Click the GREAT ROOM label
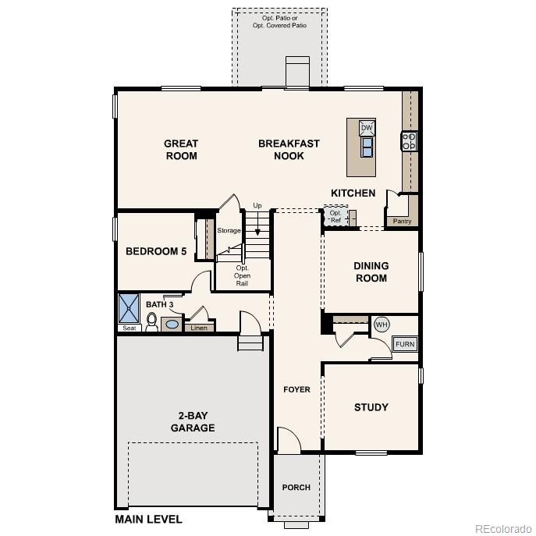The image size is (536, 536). (181, 150)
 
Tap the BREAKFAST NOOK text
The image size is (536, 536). (289, 150)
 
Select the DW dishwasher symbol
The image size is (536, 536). (367, 128)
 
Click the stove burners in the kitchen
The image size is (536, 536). (410, 141)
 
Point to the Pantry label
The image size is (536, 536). (403, 222)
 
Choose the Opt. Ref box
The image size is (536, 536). (335, 216)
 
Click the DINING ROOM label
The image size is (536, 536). (371, 272)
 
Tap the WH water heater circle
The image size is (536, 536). (382, 325)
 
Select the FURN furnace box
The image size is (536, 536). (405, 344)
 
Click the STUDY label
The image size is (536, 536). (371, 407)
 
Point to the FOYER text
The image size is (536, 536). (296, 389)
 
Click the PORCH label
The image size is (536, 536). (296, 488)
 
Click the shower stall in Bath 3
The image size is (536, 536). (128, 308)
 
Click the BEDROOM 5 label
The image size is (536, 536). (156, 252)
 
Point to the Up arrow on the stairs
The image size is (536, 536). (257, 219)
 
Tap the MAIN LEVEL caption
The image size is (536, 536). (148, 520)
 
